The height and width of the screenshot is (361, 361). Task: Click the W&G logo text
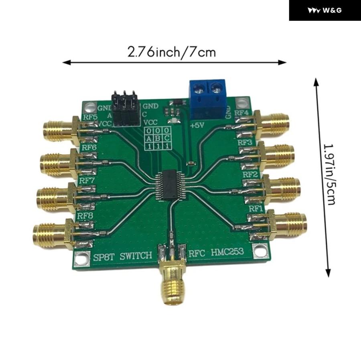tap(325, 10)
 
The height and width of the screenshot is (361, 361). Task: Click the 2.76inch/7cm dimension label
tap(172, 52)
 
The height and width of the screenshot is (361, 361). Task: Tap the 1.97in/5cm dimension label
tap(330, 174)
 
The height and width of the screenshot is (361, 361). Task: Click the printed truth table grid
tap(156, 139)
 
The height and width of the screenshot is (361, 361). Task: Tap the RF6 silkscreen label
tap(89, 148)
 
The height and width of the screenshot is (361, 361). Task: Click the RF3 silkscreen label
tap(245, 142)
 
